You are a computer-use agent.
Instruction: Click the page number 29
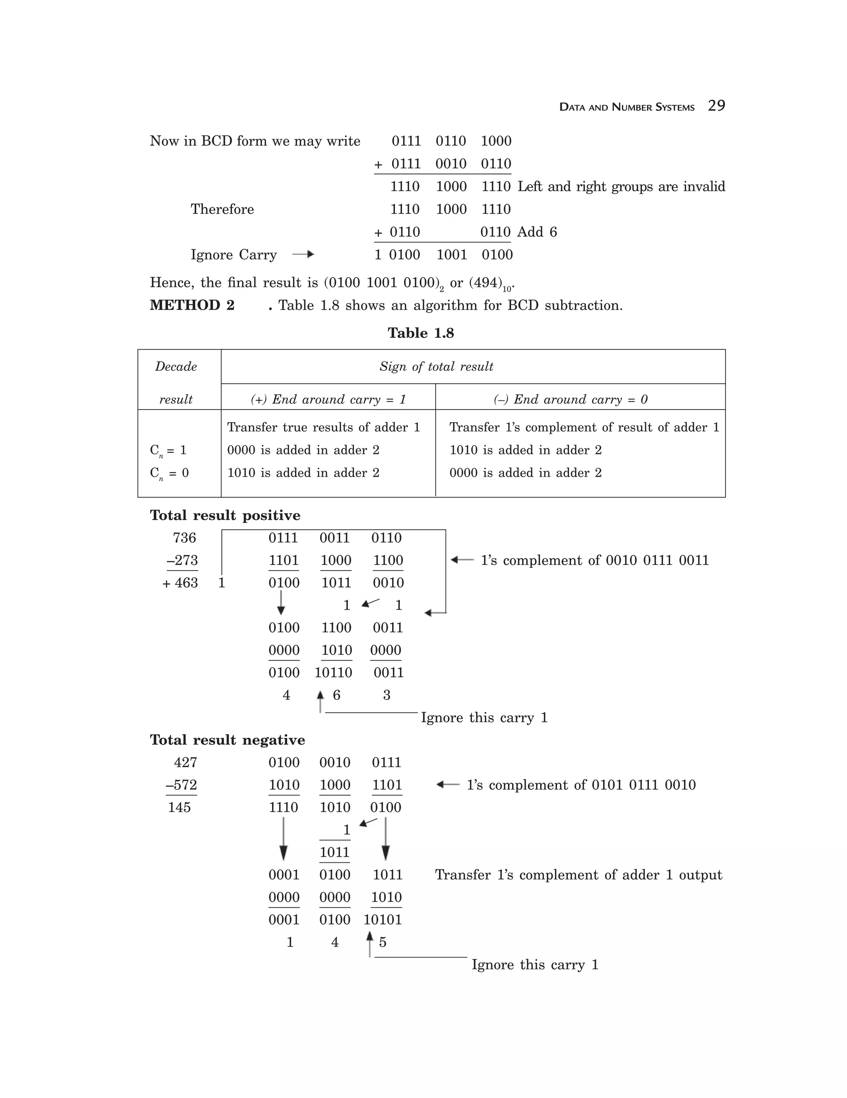point(716,106)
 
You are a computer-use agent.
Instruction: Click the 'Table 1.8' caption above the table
point(421,333)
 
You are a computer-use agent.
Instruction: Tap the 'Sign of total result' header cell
point(436,367)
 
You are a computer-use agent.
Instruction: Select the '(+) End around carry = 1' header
point(328,399)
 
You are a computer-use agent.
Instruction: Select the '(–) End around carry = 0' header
point(570,399)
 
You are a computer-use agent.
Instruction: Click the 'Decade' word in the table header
point(176,367)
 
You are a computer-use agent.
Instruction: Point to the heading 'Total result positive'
point(225,515)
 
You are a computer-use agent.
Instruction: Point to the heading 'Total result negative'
point(227,740)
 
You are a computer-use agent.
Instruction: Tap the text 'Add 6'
point(537,232)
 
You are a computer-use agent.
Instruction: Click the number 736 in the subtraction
point(184,538)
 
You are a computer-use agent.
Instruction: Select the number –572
point(182,785)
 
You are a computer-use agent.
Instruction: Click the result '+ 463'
point(180,583)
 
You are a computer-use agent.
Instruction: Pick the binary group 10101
point(383,920)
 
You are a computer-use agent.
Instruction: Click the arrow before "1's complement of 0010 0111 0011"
point(462,560)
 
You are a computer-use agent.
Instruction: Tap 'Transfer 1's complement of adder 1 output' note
point(578,875)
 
